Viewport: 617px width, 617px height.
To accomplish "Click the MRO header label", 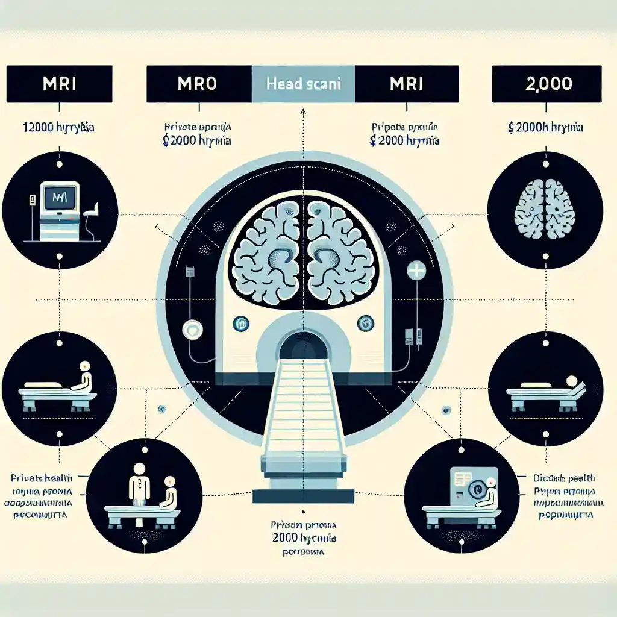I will (x=198, y=83).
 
